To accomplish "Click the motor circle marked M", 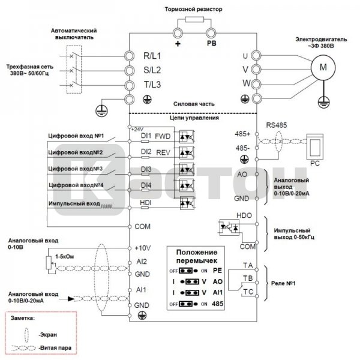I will (323, 68).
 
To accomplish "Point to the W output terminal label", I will (245, 83).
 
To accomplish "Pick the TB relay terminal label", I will (247, 278).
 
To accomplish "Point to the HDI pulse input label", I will (146, 203).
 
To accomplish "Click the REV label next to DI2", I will (163, 153).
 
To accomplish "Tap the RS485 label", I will (275, 125).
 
